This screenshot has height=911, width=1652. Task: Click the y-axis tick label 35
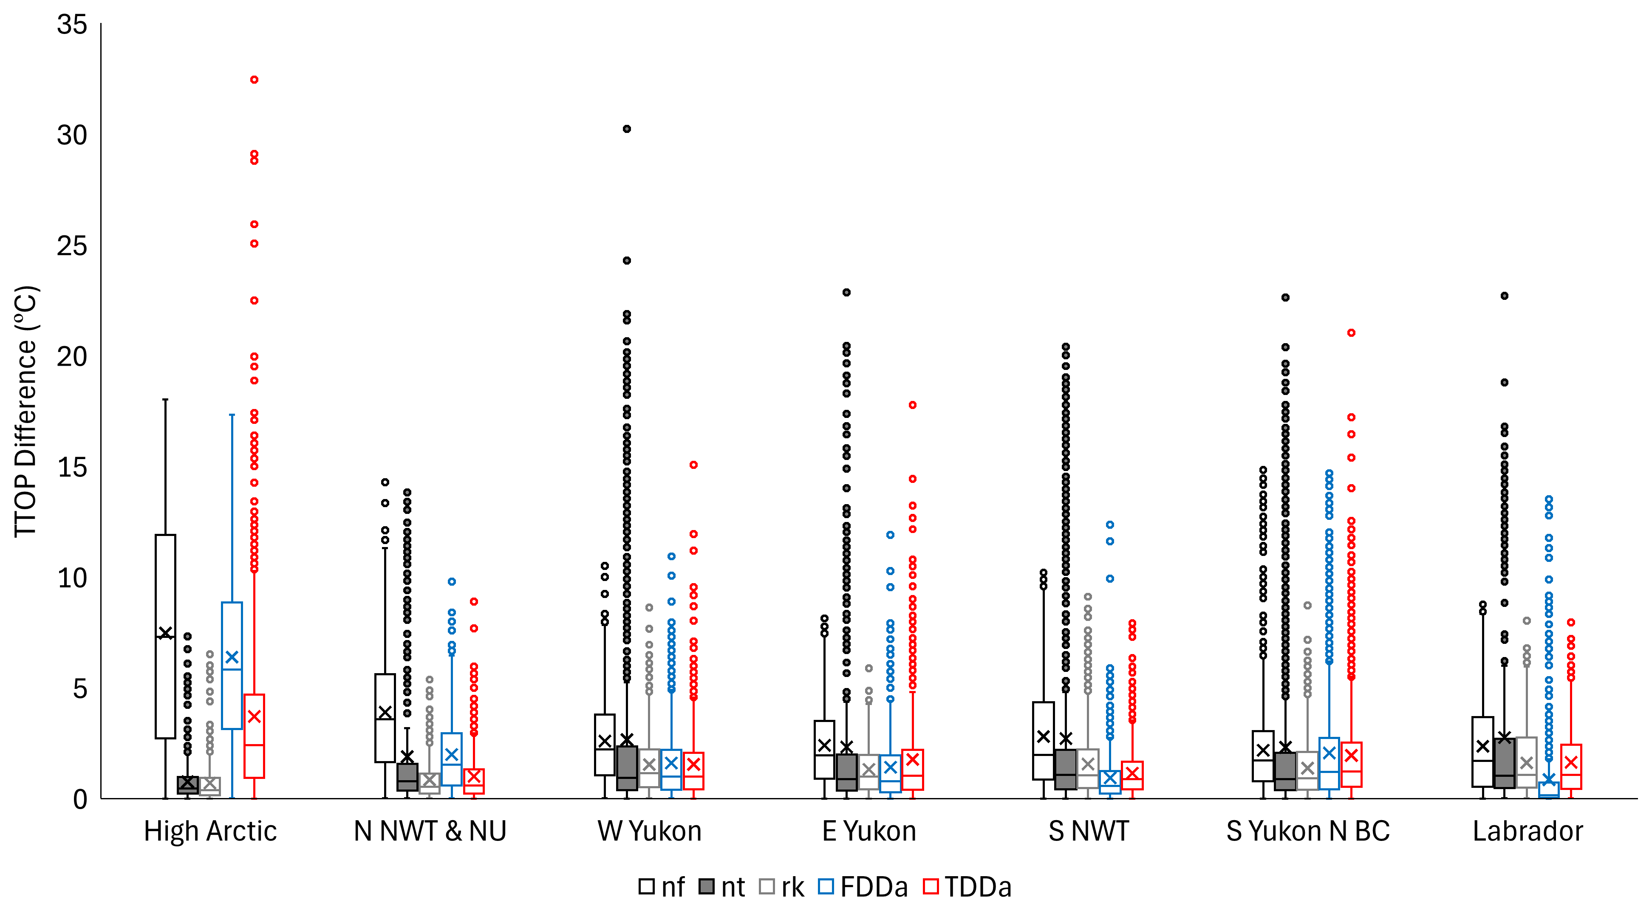pos(72,25)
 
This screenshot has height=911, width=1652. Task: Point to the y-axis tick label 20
pos(72,357)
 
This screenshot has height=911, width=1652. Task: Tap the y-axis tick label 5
pos(79,689)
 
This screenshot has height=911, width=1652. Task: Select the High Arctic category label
pos(210,832)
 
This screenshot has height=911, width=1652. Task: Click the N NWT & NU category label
pos(430,832)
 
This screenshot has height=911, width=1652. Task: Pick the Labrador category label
pos(1527,832)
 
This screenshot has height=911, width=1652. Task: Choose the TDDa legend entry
pos(968,887)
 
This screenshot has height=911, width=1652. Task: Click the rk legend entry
pos(782,887)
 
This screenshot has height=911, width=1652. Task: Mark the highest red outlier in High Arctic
pos(254,79)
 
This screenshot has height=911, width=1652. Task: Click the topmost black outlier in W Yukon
pos(627,129)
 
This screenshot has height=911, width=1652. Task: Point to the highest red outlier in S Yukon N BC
pos(1351,333)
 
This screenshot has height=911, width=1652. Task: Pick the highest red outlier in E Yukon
pos(913,405)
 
